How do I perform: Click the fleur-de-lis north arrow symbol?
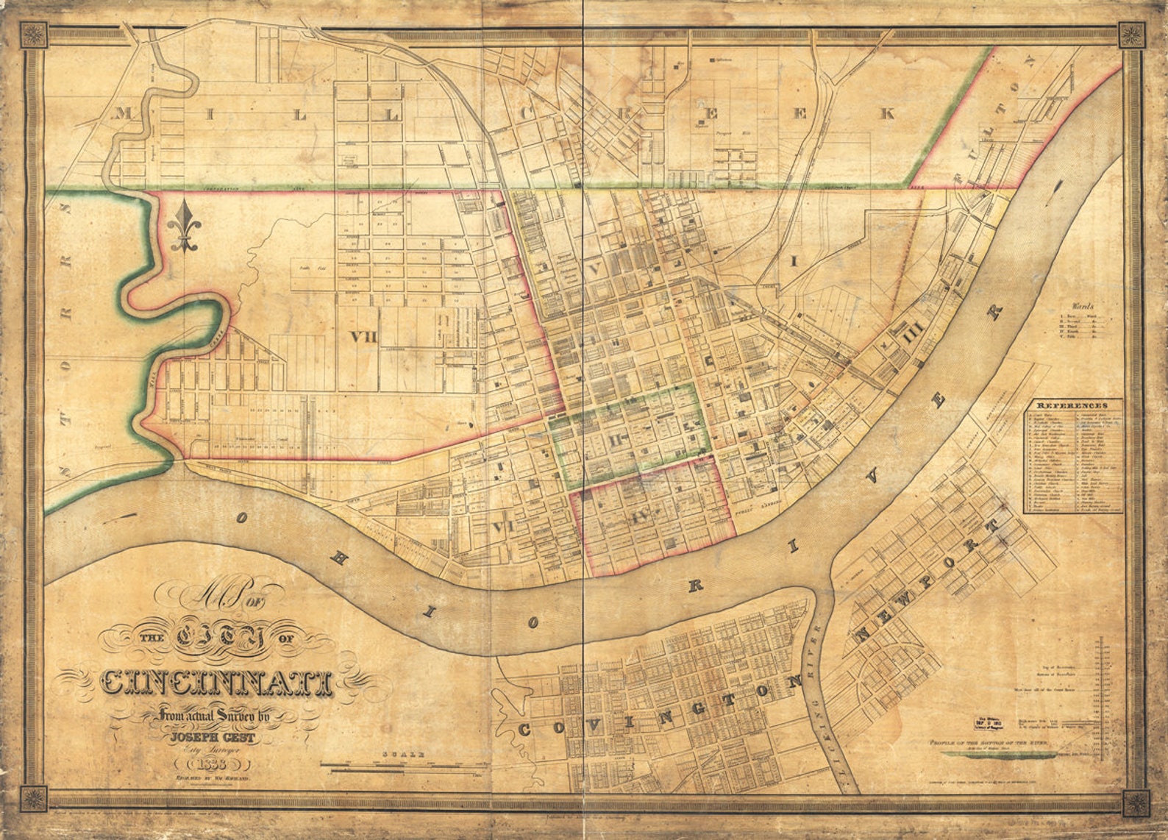pos(182,227)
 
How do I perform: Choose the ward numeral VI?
pos(502,527)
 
